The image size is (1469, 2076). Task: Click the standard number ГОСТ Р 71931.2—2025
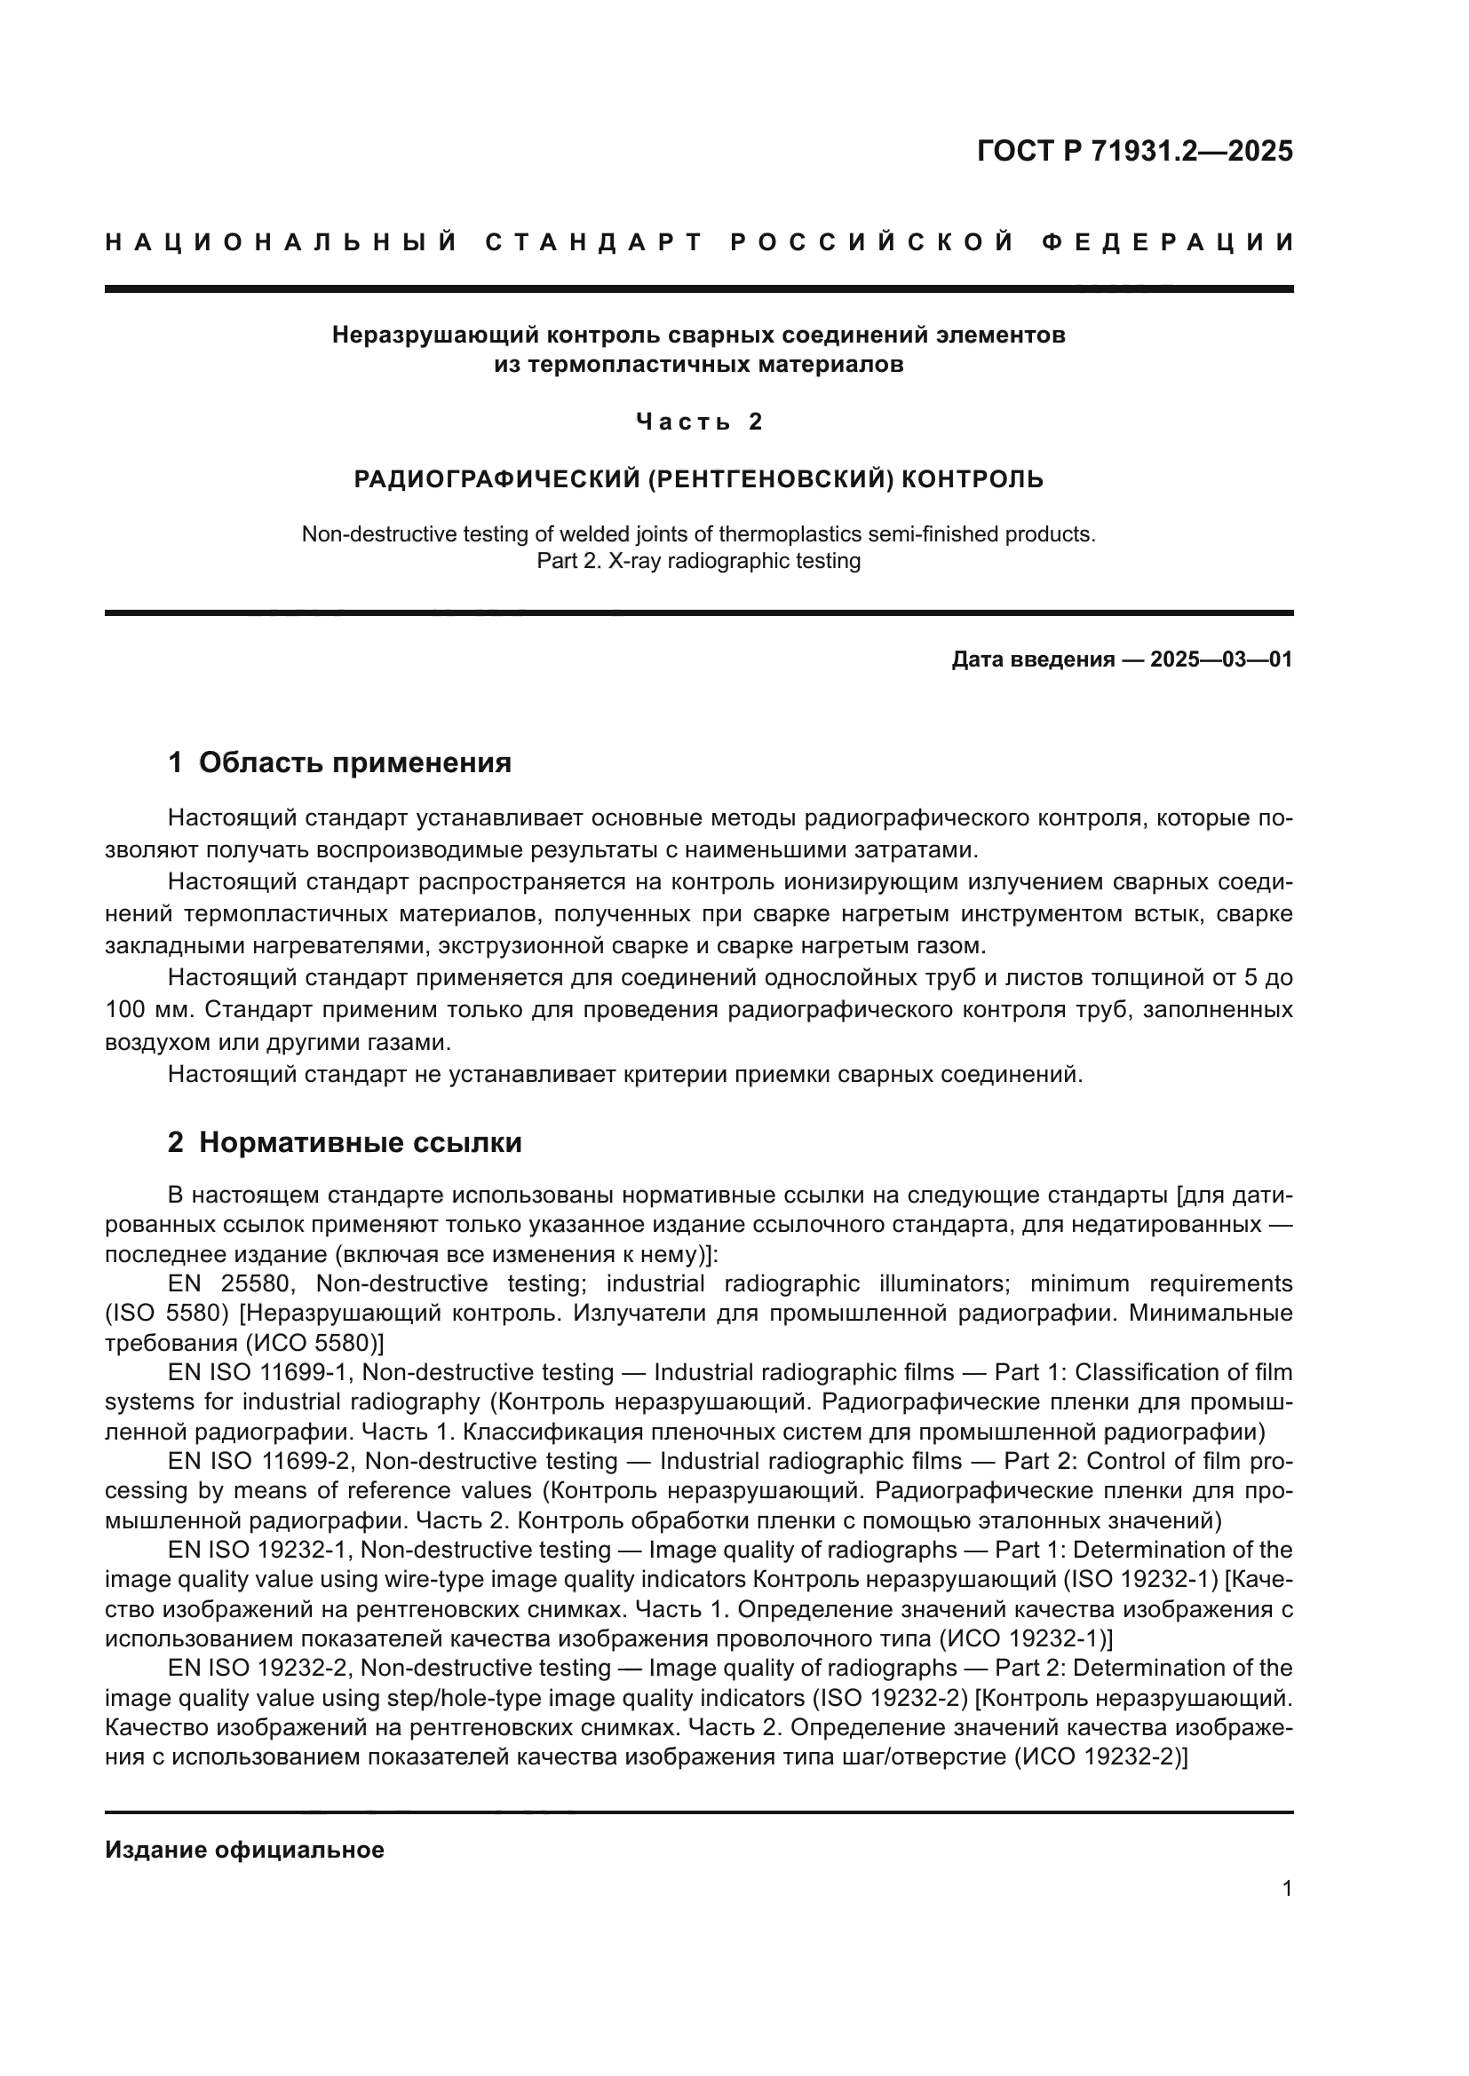[1134, 151]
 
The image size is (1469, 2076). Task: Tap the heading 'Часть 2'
[699, 422]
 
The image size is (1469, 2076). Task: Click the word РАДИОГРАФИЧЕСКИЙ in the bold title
[496, 478]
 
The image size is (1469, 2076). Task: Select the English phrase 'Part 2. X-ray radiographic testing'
[698, 561]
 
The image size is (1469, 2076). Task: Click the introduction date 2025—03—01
[1221, 659]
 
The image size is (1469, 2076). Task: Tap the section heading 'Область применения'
[354, 762]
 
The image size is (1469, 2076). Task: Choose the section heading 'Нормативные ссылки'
[360, 1142]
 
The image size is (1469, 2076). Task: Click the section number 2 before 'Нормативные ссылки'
[176, 1142]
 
